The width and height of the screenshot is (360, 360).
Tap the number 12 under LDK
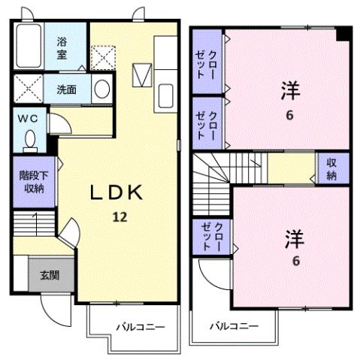click(119, 218)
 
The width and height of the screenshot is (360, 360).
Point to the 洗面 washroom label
click(65, 89)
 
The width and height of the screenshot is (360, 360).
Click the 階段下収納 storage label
click(30, 183)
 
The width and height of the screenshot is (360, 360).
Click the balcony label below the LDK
click(140, 326)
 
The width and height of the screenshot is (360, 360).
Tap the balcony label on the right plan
click(233, 326)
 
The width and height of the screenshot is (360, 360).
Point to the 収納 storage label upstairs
click(330, 170)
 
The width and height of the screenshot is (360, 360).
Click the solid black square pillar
click(343, 34)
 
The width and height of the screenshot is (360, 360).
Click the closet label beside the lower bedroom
click(209, 236)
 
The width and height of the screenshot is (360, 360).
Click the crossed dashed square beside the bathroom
click(101, 56)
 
